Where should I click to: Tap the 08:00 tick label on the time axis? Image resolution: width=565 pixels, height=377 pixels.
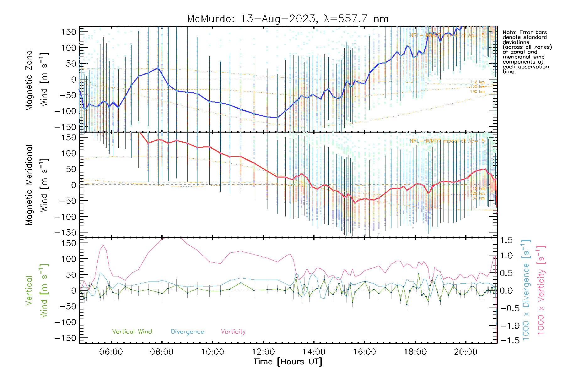coord(162,352)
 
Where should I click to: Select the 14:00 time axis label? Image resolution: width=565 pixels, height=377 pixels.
coord(314,352)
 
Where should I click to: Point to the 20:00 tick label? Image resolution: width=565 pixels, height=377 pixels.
coord(465,352)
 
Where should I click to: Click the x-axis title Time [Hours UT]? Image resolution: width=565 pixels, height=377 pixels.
coord(288,362)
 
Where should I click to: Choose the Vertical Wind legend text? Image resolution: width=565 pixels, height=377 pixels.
coord(132,332)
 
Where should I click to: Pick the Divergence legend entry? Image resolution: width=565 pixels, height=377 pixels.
coord(187,332)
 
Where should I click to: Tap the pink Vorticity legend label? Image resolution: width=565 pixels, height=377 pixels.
coord(233,332)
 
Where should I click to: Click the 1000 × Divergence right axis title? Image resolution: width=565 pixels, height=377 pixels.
coord(526,290)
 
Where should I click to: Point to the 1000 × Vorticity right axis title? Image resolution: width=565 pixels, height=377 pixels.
coord(541,290)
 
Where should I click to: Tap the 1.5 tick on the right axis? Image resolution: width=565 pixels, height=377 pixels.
coord(506,240)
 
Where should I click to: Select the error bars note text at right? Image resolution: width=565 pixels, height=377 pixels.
coord(527,52)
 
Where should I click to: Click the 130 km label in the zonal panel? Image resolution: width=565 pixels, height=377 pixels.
coord(477,92)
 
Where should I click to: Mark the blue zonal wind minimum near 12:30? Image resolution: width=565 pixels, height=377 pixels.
coord(277,118)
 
